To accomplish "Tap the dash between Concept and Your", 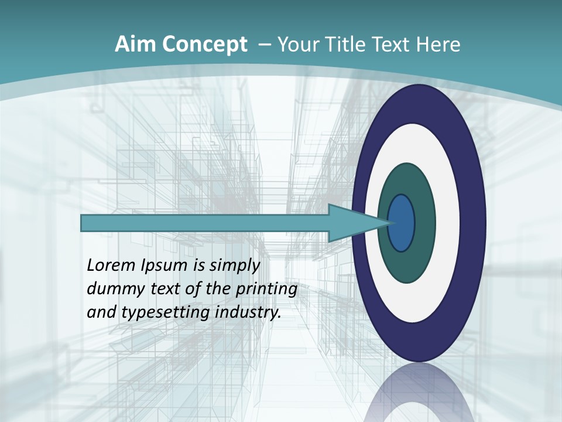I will (x=264, y=45).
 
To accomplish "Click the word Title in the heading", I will (x=349, y=45).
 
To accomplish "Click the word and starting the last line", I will (x=101, y=312).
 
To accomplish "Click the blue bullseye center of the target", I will (x=402, y=223).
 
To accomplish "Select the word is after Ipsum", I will (x=200, y=266).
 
